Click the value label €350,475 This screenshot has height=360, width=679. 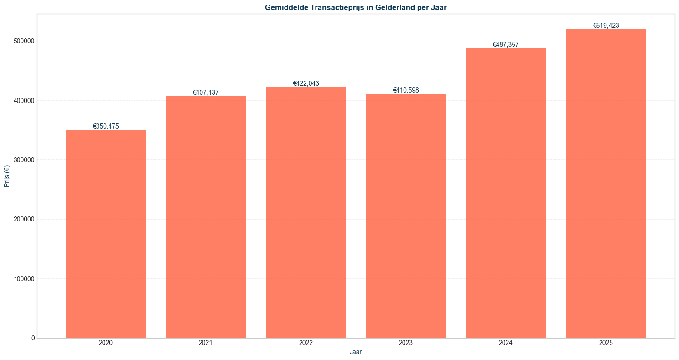(106, 126)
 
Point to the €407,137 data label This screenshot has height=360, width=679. (206, 93)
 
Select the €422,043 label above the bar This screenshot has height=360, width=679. (306, 83)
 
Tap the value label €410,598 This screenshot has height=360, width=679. (405, 90)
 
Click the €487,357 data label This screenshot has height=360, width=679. (506, 45)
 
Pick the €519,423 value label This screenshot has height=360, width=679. (606, 26)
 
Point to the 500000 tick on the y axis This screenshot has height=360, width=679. (24, 41)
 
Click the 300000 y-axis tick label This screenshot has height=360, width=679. (24, 160)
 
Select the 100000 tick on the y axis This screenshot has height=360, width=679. (24, 279)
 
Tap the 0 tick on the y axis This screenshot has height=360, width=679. (33, 338)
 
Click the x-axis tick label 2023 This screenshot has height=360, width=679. (405, 343)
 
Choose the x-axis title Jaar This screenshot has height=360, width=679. (356, 352)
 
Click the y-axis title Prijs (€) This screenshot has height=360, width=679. (7, 176)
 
